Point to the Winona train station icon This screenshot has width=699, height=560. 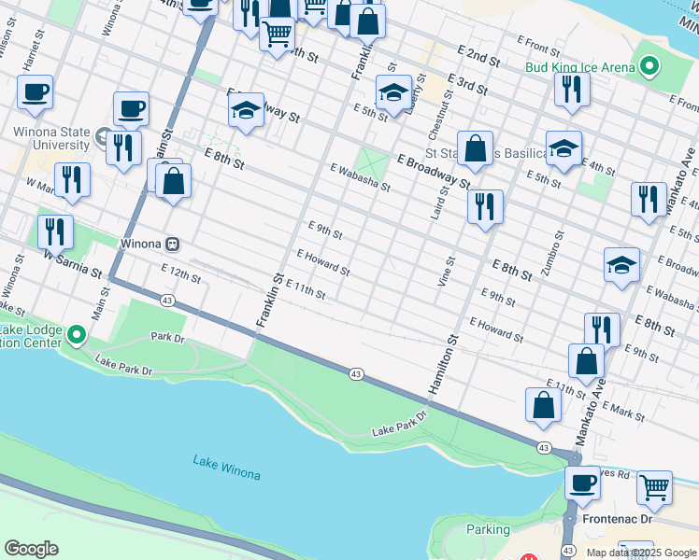coord(172,245)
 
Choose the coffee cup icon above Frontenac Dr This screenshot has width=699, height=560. coord(583,483)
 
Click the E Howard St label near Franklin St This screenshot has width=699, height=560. coord(323,262)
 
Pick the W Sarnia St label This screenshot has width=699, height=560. coord(71,263)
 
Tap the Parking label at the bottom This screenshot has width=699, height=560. coord(489,529)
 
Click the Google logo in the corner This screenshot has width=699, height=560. coord(31,549)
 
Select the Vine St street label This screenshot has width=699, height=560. coord(446,272)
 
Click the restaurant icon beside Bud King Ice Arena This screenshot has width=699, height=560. coord(569,89)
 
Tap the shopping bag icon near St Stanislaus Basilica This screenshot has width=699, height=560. coord(475,148)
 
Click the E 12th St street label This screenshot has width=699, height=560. coord(181,273)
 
